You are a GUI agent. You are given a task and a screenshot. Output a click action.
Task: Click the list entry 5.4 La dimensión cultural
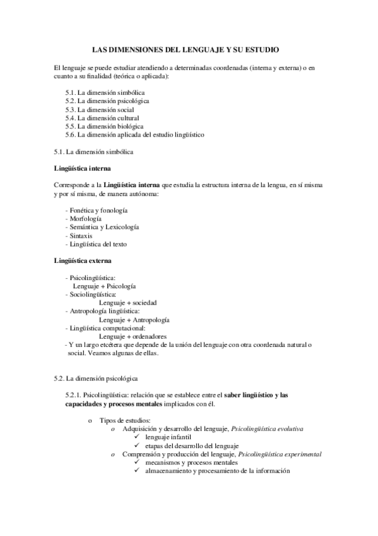[x=102, y=118]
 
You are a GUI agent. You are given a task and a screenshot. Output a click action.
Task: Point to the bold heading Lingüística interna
[x=83, y=168]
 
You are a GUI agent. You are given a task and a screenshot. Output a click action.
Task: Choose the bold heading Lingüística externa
[x=83, y=261]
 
